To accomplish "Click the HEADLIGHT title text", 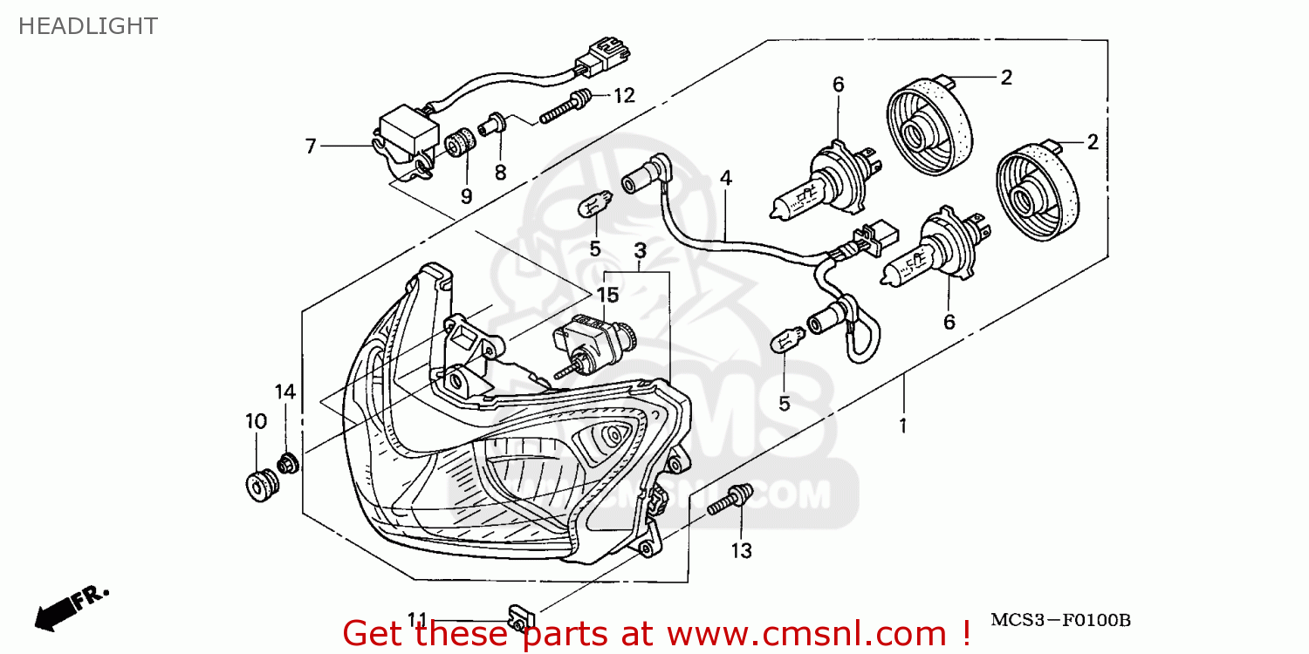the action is click(88, 26).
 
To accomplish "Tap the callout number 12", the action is click(624, 96).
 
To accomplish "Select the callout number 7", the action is click(311, 146).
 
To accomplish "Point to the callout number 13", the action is click(741, 550).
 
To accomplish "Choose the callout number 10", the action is click(256, 422).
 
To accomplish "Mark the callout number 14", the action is click(286, 392).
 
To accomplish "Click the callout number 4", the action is click(726, 179).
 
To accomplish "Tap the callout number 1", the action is click(903, 427).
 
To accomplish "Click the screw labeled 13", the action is click(730, 501).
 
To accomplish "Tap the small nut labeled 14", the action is click(287, 464).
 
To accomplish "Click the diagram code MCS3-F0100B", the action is click(1060, 621).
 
